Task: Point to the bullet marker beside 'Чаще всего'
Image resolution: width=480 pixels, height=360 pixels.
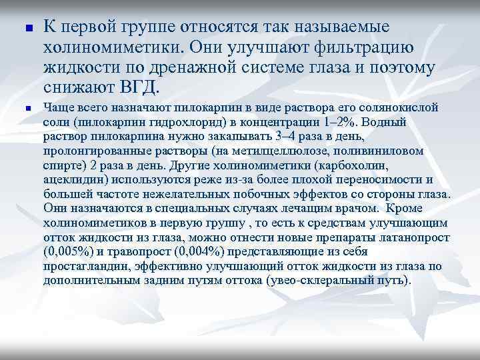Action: pos(20,109)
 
